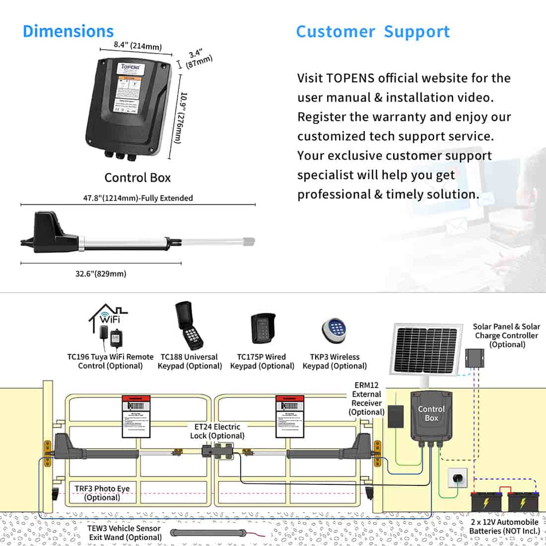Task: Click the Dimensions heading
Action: [68, 31]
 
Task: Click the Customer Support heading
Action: [373, 32]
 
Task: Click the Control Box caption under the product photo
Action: [138, 177]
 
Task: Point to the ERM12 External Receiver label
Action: [366, 399]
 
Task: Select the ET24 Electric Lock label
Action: [217, 431]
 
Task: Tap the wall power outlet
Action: [456, 478]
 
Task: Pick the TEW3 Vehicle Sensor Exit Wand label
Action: [124, 532]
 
